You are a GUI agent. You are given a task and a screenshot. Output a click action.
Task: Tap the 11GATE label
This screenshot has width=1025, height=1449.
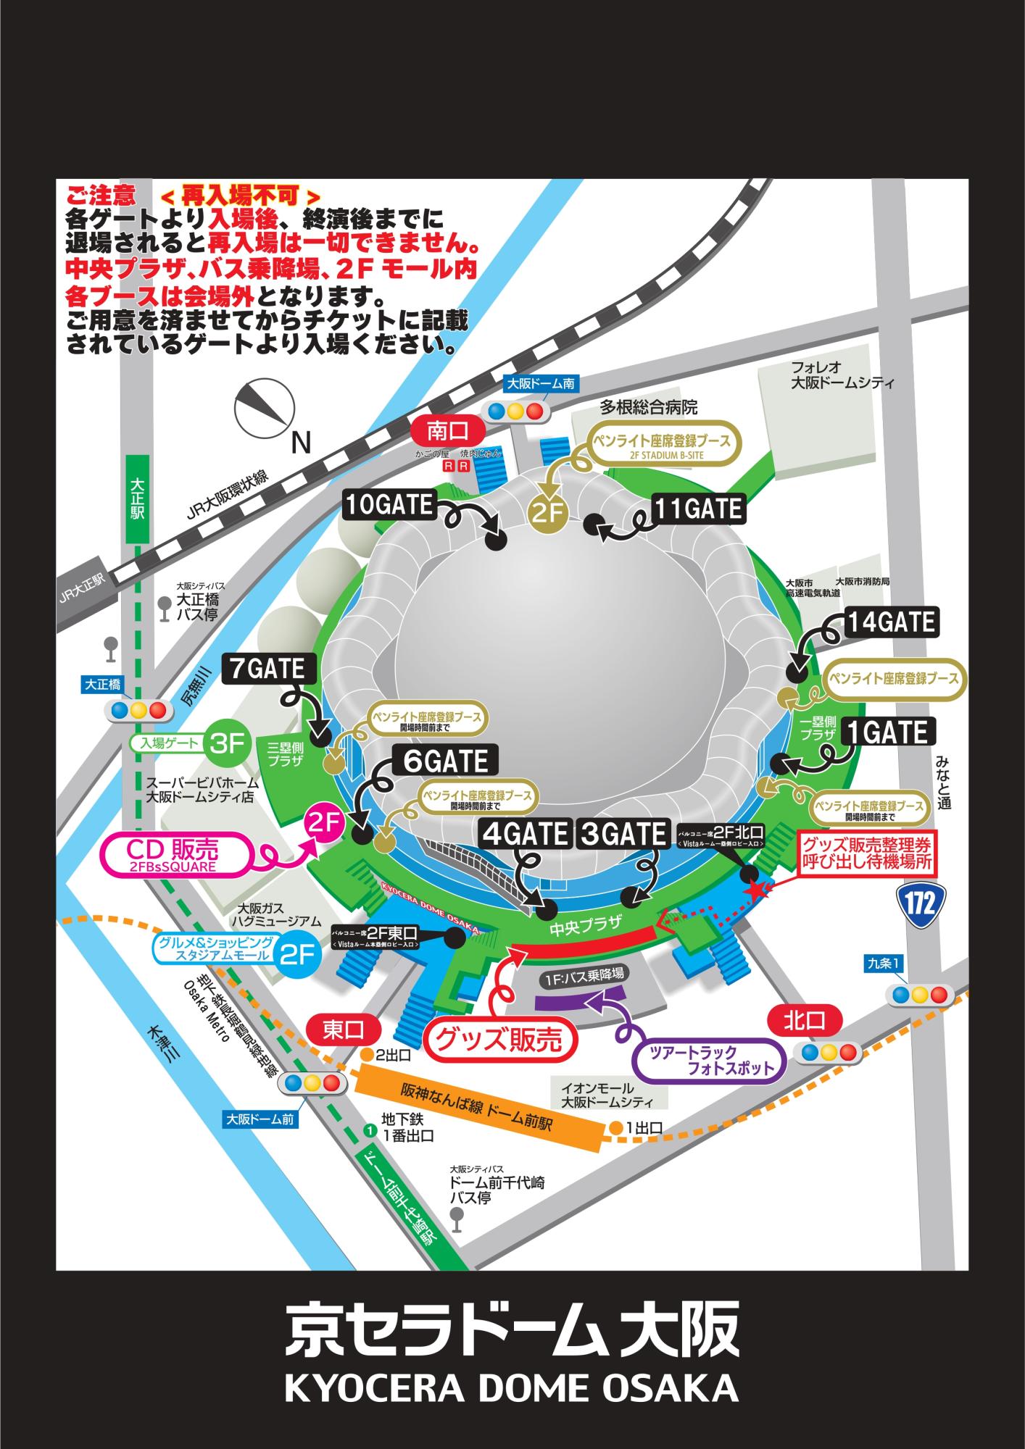[698, 509]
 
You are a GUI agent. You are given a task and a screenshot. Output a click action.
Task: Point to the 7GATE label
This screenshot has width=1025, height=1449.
[269, 668]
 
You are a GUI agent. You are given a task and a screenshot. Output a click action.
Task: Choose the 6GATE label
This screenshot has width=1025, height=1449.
[446, 761]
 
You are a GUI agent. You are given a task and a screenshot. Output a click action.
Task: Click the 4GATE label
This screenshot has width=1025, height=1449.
[526, 834]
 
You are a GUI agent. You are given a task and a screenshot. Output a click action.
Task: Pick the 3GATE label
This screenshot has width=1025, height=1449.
[622, 834]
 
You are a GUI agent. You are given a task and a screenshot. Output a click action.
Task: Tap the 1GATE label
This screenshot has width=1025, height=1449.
[888, 732]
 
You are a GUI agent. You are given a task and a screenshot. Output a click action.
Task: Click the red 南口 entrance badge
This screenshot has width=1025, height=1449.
[447, 433]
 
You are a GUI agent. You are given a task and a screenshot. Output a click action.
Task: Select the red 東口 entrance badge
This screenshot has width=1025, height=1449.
[344, 1030]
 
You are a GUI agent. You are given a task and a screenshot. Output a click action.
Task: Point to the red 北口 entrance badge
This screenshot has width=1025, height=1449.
[805, 1022]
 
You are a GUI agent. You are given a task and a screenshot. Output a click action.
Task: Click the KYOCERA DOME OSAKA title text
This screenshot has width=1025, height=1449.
[512, 1387]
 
